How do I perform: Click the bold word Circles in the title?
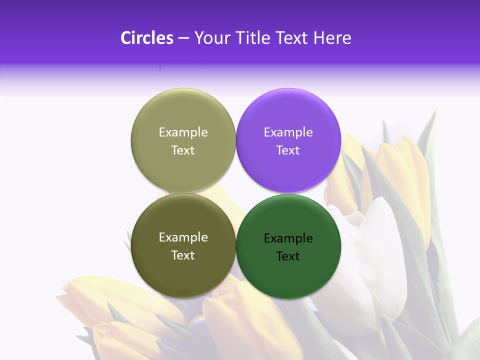[146, 38]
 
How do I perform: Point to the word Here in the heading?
[332, 38]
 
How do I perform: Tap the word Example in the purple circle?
[288, 132]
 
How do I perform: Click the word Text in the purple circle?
[288, 150]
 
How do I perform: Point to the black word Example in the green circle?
[288, 238]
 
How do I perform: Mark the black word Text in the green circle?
[288, 256]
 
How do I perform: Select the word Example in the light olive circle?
[183, 132]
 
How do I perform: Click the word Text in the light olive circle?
[183, 150]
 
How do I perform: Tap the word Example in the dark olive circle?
[183, 237]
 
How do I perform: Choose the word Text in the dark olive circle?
[183, 255]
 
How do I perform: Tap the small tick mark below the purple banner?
[160, 67]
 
